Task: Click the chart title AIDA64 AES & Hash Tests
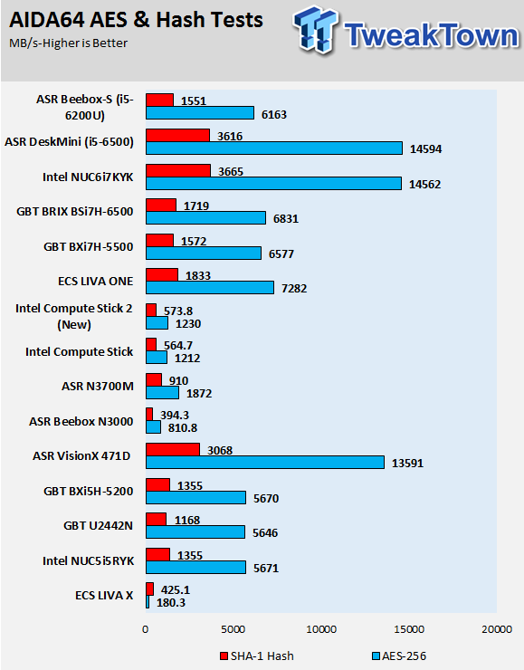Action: [x=136, y=20]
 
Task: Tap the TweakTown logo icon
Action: [x=315, y=30]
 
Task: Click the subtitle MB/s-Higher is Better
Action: [x=69, y=43]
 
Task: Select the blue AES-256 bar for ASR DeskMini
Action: [x=274, y=148]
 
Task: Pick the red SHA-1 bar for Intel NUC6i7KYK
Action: [x=178, y=170]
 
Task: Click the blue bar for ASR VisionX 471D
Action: [x=265, y=463]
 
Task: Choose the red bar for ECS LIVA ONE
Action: [x=162, y=274]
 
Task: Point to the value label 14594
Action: [x=425, y=149]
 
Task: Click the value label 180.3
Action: [x=171, y=603]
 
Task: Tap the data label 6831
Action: [x=286, y=219]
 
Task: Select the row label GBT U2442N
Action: [x=99, y=525]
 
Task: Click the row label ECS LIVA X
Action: [x=104, y=595]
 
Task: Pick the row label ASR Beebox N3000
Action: [x=81, y=422]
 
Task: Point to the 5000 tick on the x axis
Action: [x=233, y=629]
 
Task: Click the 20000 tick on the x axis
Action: [x=497, y=629]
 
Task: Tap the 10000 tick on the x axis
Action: [x=321, y=629]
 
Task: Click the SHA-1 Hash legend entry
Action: [x=257, y=656]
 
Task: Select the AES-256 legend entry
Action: [x=399, y=656]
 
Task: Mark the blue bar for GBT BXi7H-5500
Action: [x=204, y=253]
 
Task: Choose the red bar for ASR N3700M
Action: [x=154, y=379]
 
